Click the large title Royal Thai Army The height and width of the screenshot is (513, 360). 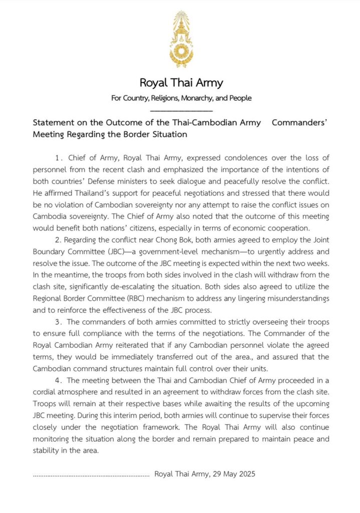(181, 83)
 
